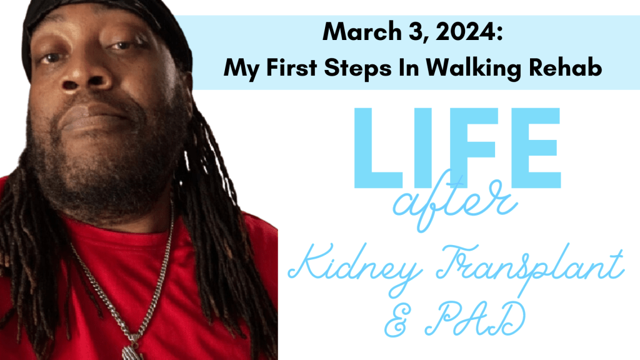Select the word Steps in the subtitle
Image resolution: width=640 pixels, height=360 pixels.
coord(357,67)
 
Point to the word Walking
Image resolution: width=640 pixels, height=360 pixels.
coord(474,67)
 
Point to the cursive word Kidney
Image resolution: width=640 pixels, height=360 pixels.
coord(354,267)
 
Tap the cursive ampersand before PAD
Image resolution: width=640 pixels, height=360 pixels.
coord(399,321)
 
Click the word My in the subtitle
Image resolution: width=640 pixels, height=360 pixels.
coord(241,69)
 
